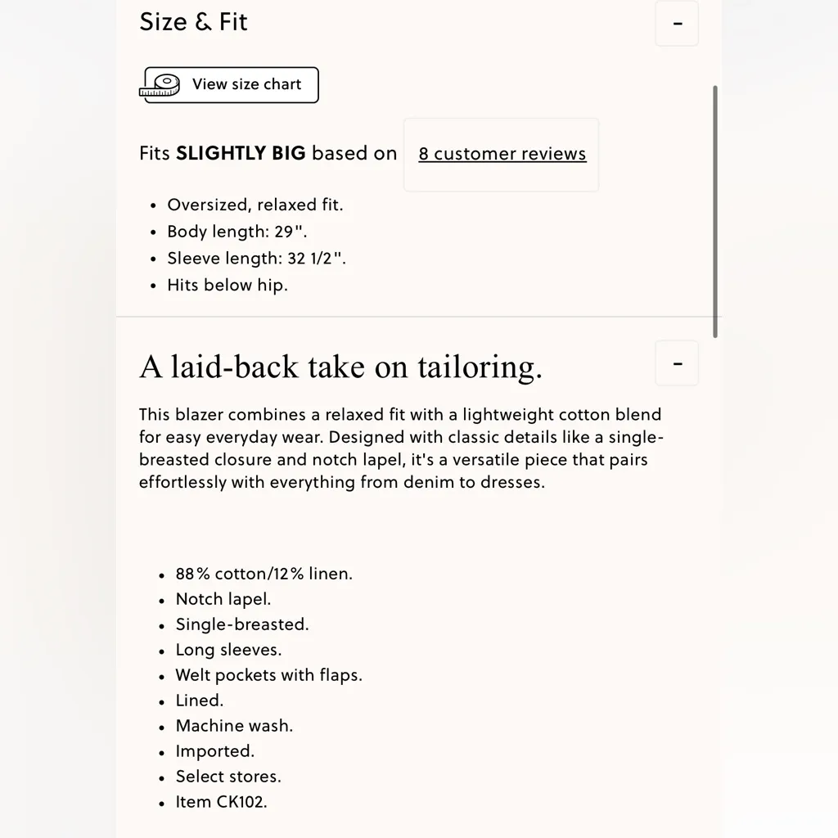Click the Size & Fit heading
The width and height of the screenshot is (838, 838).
(x=193, y=22)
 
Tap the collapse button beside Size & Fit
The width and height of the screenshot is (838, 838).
(x=677, y=24)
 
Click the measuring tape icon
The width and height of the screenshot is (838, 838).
(x=161, y=85)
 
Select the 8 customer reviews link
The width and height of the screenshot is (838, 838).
(x=502, y=154)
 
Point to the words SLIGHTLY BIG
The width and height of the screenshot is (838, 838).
(x=241, y=154)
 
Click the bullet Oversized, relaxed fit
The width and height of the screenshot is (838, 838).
(x=255, y=205)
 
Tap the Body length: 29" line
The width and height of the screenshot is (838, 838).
(x=237, y=232)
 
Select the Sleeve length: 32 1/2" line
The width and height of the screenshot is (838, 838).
(x=256, y=259)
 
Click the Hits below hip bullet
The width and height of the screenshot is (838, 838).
(x=227, y=286)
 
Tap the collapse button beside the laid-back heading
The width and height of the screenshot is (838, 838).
(x=677, y=363)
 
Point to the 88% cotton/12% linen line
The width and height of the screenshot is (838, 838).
(x=264, y=574)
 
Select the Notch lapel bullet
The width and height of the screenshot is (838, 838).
(x=223, y=599)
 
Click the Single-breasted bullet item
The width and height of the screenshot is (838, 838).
(x=241, y=624)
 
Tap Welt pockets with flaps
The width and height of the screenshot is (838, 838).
(x=268, y=675)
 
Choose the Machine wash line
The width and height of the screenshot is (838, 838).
(x=233, y=726)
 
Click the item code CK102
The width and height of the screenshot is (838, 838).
(x=241, y=802)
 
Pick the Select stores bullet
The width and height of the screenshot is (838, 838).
(x=228, y=777)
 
